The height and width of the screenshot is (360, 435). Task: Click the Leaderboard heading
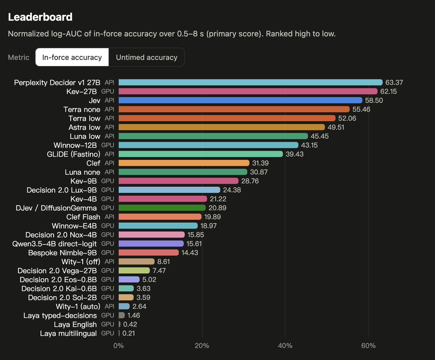point(40,17)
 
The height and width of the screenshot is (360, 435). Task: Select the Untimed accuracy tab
point(147,57)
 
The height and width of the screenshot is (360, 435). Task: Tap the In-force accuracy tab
point(72,57)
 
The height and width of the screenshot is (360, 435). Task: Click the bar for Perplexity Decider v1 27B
point(250,82)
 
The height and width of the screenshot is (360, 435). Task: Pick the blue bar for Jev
point(240,100)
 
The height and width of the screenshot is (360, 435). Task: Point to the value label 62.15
point(389,91)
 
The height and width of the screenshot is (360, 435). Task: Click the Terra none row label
point(82,109)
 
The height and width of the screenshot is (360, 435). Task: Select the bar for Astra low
point(221,127)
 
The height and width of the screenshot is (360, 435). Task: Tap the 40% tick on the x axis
point(285,345)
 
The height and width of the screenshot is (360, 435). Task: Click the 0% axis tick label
point(119,345)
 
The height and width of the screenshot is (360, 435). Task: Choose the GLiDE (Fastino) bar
point(201,154)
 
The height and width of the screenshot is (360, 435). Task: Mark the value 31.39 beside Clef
point(260,163)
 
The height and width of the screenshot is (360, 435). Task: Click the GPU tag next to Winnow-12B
point(108,145)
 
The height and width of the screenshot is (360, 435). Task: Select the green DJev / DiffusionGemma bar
point(162,208)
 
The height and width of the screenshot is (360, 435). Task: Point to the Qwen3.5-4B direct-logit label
point(55,244)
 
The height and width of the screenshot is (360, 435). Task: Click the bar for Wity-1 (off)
point(137,261)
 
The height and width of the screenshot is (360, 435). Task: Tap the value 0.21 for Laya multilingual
point(129,333)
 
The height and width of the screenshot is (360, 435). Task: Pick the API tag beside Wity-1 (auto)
point(109,306)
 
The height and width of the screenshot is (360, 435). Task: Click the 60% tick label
point(368,345)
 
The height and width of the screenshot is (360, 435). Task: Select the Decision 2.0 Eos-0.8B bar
point(129,280)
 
